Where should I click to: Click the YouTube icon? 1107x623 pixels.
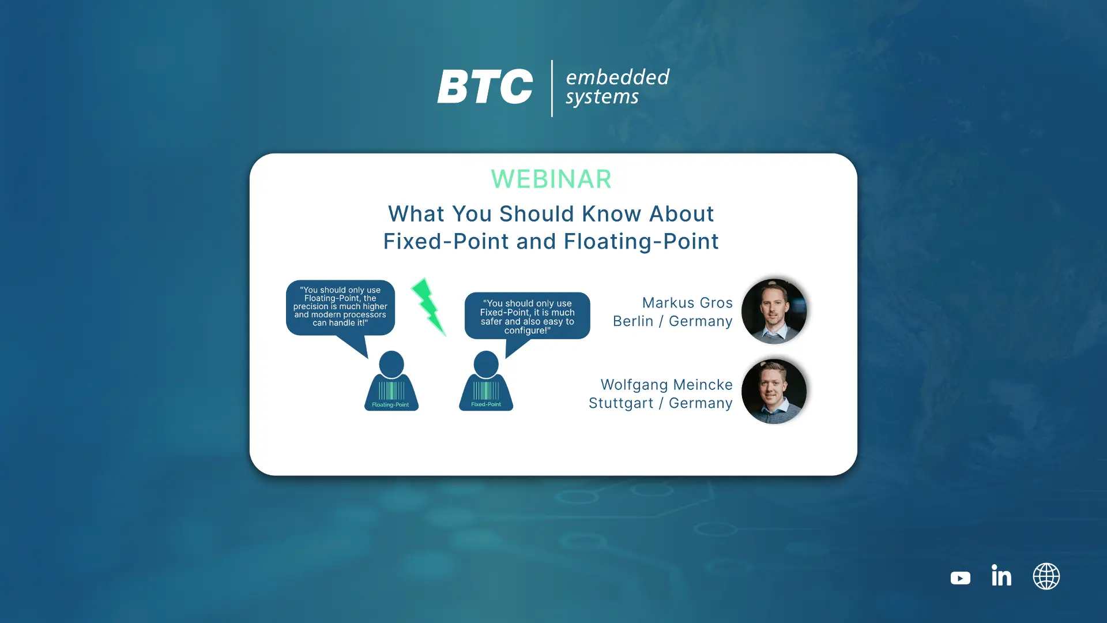click(x=960, y=578)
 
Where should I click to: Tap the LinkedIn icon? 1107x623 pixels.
click(x=1001, y=575)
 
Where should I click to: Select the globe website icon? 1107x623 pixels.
click(x=1046, y=576)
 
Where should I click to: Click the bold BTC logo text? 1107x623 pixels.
click(x=485, y=87)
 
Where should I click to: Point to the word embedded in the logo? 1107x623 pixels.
click(x=617, y=77)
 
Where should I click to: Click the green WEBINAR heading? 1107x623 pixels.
click(x=551, y=179)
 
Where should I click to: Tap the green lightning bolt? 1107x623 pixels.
click(x=428, y=307)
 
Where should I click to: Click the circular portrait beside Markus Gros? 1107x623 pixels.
click(x=774, y=311)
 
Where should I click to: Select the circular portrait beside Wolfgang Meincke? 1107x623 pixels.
click(x=774, y=392)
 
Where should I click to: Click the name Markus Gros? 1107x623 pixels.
click(x=687, y=303)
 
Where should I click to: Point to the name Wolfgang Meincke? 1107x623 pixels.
click(x=667, y=385)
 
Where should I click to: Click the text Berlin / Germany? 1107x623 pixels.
click(x=672, y=321)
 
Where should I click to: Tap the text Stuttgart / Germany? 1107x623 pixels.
click(x=660, y=403)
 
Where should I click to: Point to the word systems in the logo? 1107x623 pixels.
click(x=602, y=97)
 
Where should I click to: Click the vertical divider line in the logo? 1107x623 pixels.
click(x=552, y=88)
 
